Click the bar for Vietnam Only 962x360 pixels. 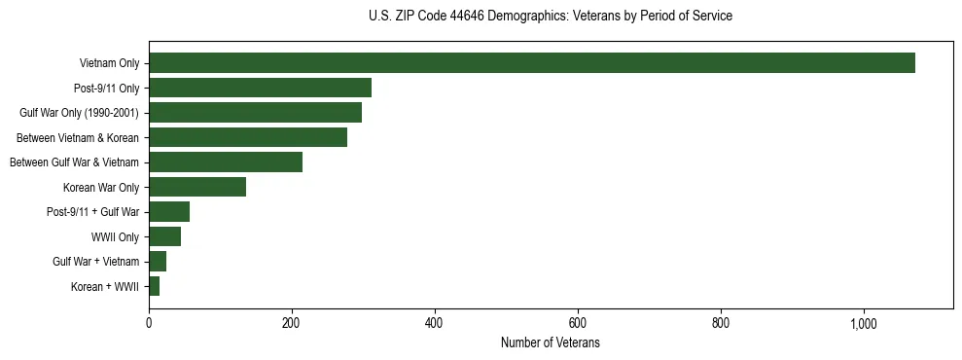click(532, 63)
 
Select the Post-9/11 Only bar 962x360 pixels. click(260, 89)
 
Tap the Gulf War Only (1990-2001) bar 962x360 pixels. click(255, 113)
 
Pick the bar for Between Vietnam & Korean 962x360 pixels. click(248, 137)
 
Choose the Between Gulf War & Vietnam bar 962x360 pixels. click(226, 162)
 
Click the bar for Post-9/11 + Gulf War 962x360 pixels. click(169, 212)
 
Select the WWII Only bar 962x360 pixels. click(164, 236)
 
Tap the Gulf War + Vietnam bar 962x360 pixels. click(158, 262)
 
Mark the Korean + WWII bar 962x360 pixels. click(154, 286)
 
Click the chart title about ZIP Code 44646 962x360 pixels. click(551, 17)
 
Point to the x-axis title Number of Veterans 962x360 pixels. click(551, 343)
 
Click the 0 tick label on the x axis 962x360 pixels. click(149, 324)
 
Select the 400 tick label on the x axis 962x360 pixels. click(435, 324)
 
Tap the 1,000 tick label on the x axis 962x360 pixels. click(864, 324)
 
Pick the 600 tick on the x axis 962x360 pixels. click(578, 324)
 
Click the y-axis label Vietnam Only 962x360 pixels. click(109, 64)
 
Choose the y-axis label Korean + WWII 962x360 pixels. click(105, 287)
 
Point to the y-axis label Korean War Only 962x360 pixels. click(101, 188)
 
